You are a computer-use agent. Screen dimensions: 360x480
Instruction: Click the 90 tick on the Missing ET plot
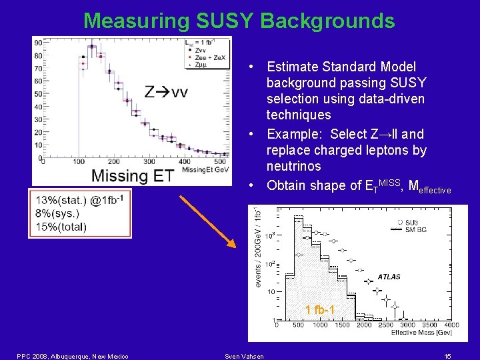pyautogui.click(x=38, y=43)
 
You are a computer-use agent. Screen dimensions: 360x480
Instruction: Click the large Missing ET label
pyautogui.click(x=132, y=176)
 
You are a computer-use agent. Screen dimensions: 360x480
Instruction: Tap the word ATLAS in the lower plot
pyautogui.click(x=389, y=276)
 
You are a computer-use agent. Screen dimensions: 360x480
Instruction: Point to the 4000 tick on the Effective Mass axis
pyautogui.click(x=451, y=325)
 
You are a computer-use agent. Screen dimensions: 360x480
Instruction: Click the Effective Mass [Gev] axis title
pyautogui.click(x=417, y=332)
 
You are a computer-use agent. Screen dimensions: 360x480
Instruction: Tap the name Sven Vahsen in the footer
pyautogui.click(x=243, y=356)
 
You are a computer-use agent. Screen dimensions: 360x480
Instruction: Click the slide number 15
pyautogui.click(x=447, y=356)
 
